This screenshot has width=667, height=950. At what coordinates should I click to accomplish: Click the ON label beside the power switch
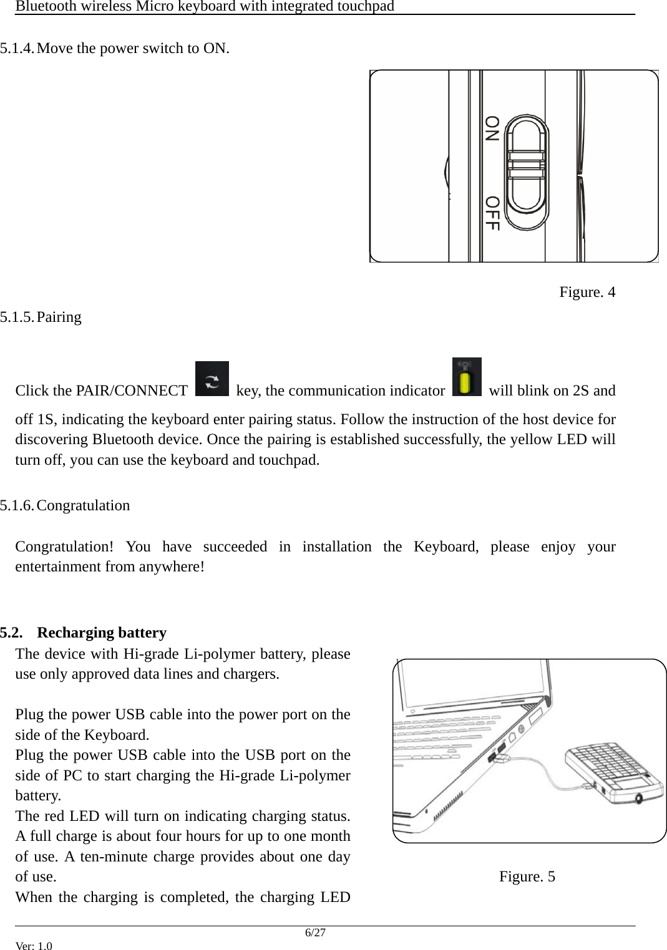tap(492, 128)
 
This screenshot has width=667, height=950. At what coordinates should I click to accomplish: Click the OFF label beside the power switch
tap(492, 213)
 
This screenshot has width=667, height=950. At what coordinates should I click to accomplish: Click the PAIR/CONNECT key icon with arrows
tap(212, 379)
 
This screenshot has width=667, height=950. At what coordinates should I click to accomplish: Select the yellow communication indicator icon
tap(467, 378)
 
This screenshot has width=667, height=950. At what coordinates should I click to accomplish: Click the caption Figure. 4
tap(587, 292)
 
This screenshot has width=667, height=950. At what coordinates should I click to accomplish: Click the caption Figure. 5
tap(527, 876)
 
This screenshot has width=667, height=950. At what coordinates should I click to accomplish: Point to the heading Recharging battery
tap(102, 633)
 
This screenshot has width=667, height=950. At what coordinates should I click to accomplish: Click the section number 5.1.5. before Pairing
tap(17, 317)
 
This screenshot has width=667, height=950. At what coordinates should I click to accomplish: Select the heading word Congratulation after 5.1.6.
tap(83, 505)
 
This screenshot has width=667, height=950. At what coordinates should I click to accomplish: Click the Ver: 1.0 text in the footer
tap(34, 946)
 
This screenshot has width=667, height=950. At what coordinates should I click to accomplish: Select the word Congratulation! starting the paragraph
tap(64, 547)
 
